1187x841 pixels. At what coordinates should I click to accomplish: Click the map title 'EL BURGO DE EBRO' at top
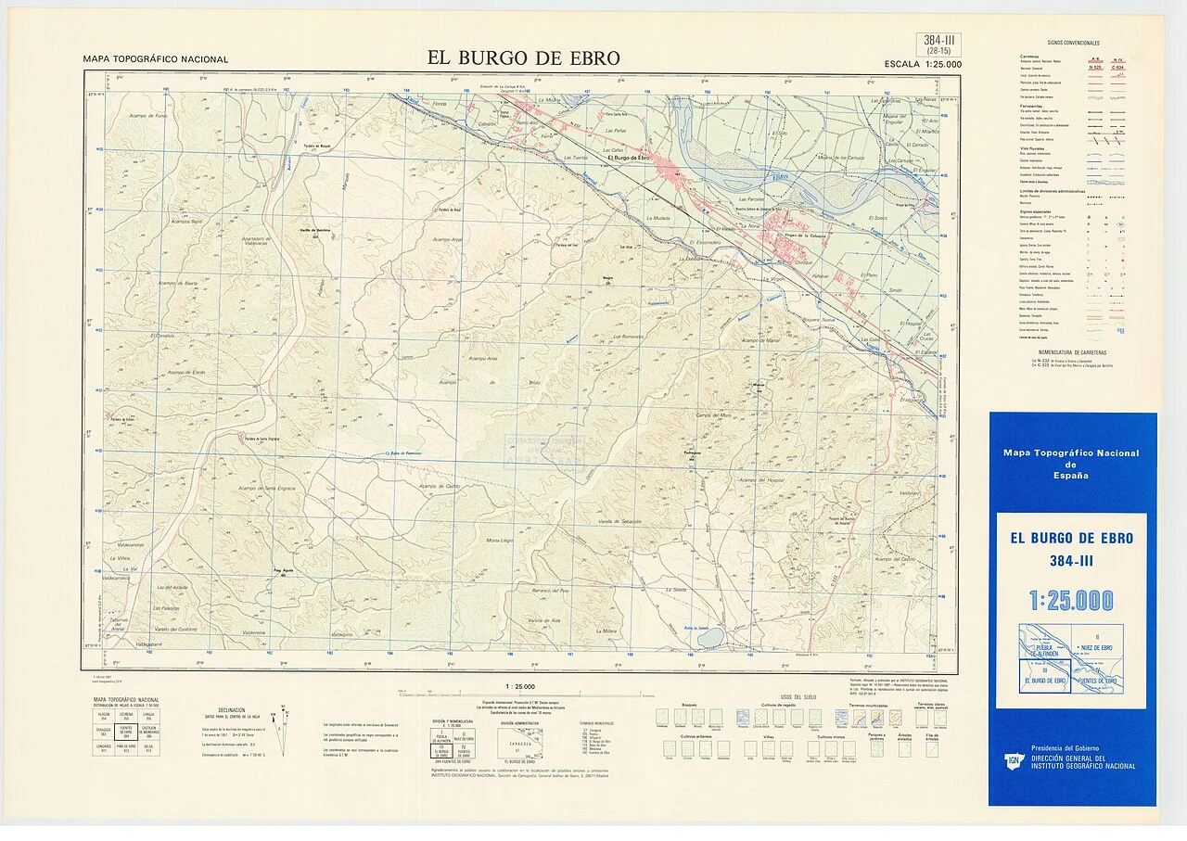coord(523,57)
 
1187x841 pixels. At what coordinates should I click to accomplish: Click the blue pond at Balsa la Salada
coord(710,638)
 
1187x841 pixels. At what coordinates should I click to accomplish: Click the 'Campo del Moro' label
coord(714,414)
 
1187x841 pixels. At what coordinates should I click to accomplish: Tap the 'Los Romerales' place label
coord(628,337)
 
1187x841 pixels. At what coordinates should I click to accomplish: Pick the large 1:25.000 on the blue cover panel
coord(1071,601)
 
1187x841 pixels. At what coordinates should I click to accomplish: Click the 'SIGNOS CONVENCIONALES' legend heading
coord(1073,44)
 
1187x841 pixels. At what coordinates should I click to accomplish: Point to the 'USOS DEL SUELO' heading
coord(798,696)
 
